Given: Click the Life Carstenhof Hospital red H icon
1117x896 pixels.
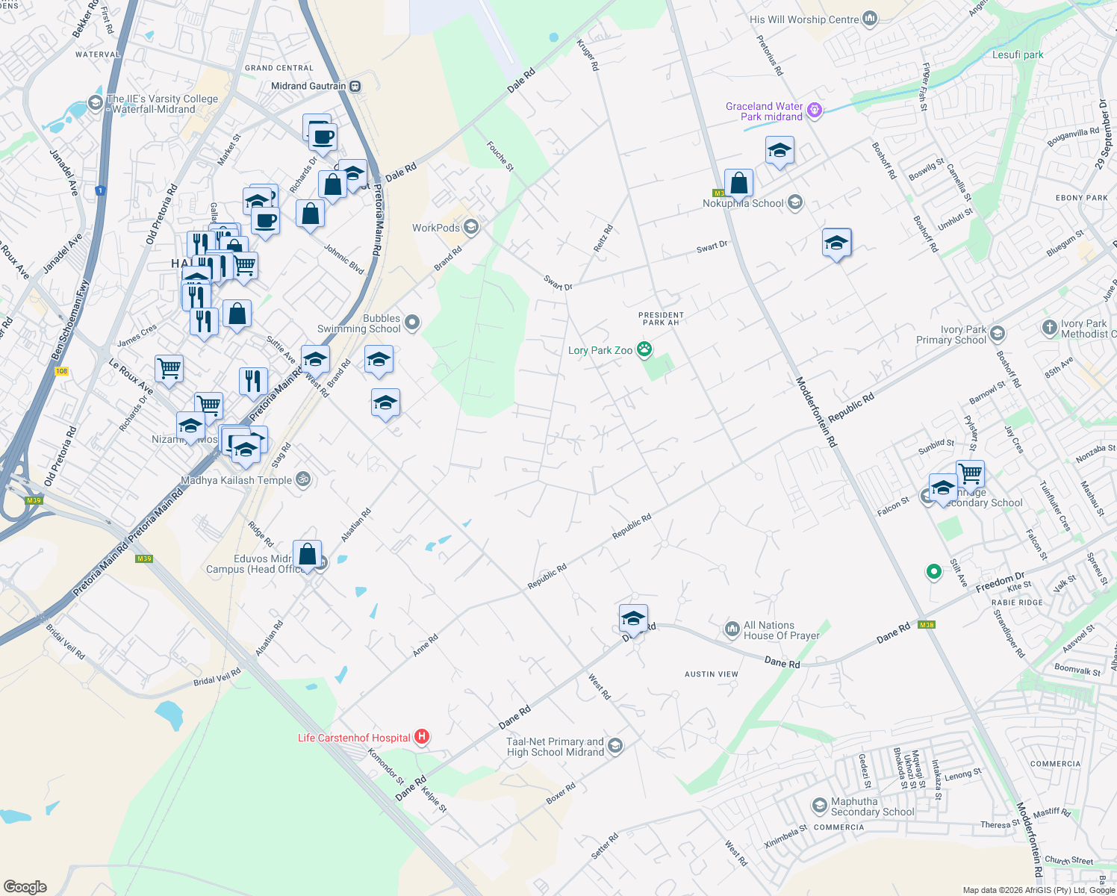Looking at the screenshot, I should pyautogui.click(x=422, y=738).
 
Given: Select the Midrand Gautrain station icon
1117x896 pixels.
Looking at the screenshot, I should pyautogui.click(x=355, y=86).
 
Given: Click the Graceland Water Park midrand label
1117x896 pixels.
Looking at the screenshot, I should pyautogui.click(x=764, y=111).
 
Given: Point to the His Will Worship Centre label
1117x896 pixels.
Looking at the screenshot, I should pyautogui.click(x=804, y=19).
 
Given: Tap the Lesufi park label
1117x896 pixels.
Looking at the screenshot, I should pyautogui.click(x=1018, y=55).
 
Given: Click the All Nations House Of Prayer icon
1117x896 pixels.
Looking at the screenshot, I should pyautogui.click(x=732, y=630).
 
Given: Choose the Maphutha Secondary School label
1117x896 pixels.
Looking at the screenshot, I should pyautogui.click(x=872, y=806).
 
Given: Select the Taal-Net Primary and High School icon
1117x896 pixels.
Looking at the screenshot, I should pyautogui.click(x=615, y=746).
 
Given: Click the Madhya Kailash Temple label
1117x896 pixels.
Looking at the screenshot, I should pyautogui.click(x=236, y=480).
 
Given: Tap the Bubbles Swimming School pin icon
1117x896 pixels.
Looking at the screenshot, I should pyautogui.click(x=412, y=323).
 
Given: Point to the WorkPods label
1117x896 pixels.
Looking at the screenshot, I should pyautogui.click(x=436, y=228).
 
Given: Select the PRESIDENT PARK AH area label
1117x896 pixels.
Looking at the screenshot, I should pyautogui.click(x=661, y=319).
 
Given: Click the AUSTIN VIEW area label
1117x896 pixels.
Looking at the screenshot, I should pyautogui.click(x=712, y=674).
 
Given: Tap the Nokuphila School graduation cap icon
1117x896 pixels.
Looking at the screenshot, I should pyautogui.click(x=795, y=202).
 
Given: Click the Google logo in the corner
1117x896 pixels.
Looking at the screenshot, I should pyautogui.click(x=25, y=887).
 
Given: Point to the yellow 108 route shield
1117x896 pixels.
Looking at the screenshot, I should pyautogui.click(x=61, y=371).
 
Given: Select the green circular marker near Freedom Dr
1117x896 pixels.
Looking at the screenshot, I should pyautogui.click(x=933, y=572).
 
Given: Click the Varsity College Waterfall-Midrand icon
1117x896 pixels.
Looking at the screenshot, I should pyautogui.click(x=95, y=103).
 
